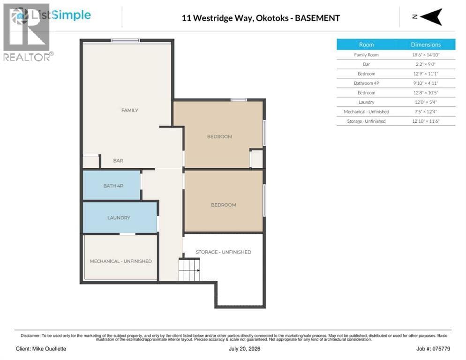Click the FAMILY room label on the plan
129,110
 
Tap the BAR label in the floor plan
118,160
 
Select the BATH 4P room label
113,186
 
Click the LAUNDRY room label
119,217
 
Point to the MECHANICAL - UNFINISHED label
120,261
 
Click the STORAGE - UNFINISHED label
223,252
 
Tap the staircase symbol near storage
189,270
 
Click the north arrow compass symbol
431,17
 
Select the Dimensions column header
426,45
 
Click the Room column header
366,45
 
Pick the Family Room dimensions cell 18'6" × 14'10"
426,55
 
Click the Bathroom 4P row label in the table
367,83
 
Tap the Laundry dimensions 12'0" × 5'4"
426,102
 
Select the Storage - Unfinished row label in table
366,121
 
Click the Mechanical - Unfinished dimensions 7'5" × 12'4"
426,112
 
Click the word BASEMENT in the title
317,18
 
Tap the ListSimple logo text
61,15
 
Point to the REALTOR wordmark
26,57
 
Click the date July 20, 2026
245,349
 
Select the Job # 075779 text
433,349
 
